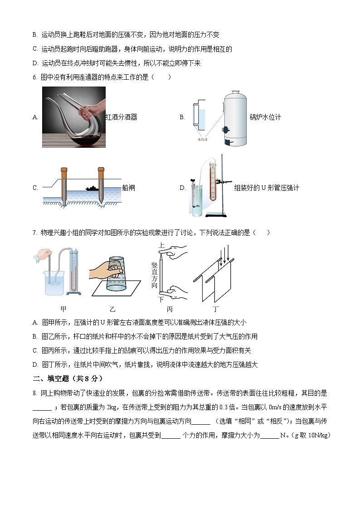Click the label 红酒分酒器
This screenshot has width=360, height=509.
[x=122, y=117]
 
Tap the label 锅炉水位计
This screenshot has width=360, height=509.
[x=265, y=117]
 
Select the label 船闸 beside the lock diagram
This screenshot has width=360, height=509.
[x=129, y=188]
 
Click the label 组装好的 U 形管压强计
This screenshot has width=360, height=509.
[x=266, y=188]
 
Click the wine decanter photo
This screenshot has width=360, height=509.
[x=74, y=117]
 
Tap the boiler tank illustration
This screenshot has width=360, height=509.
[x=234, y=117]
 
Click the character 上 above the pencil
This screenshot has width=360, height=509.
[x=161, y=245]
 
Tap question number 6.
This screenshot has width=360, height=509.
[x=34, y=77]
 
